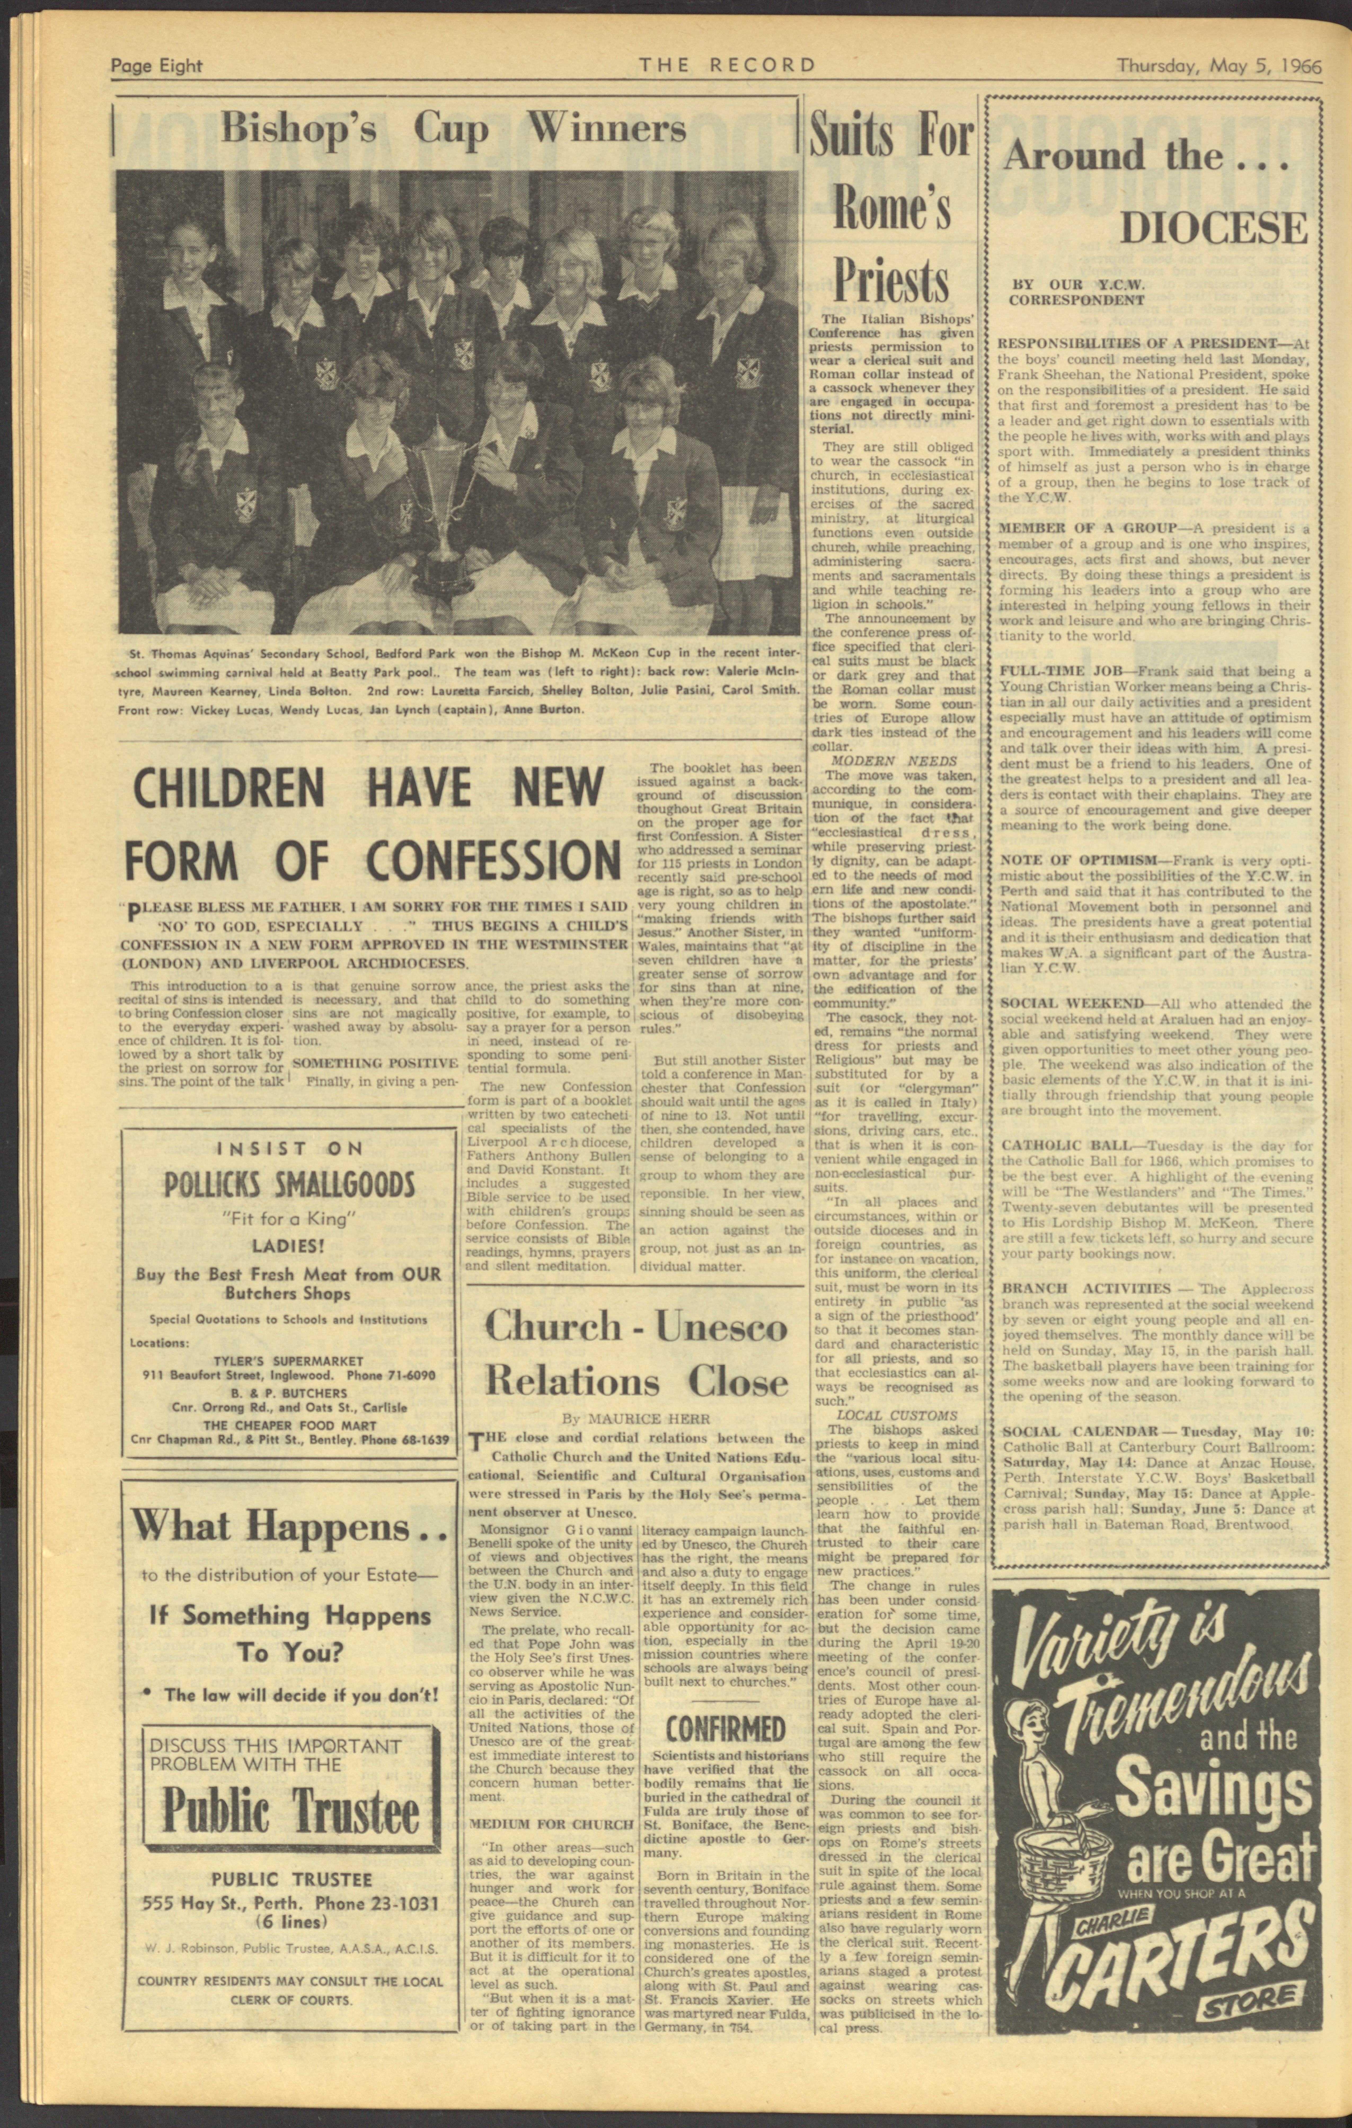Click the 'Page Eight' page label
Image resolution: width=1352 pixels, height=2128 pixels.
156,65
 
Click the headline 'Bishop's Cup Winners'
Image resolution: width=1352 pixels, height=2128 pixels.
453,129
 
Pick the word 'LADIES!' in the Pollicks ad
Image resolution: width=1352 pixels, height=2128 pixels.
287,1247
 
